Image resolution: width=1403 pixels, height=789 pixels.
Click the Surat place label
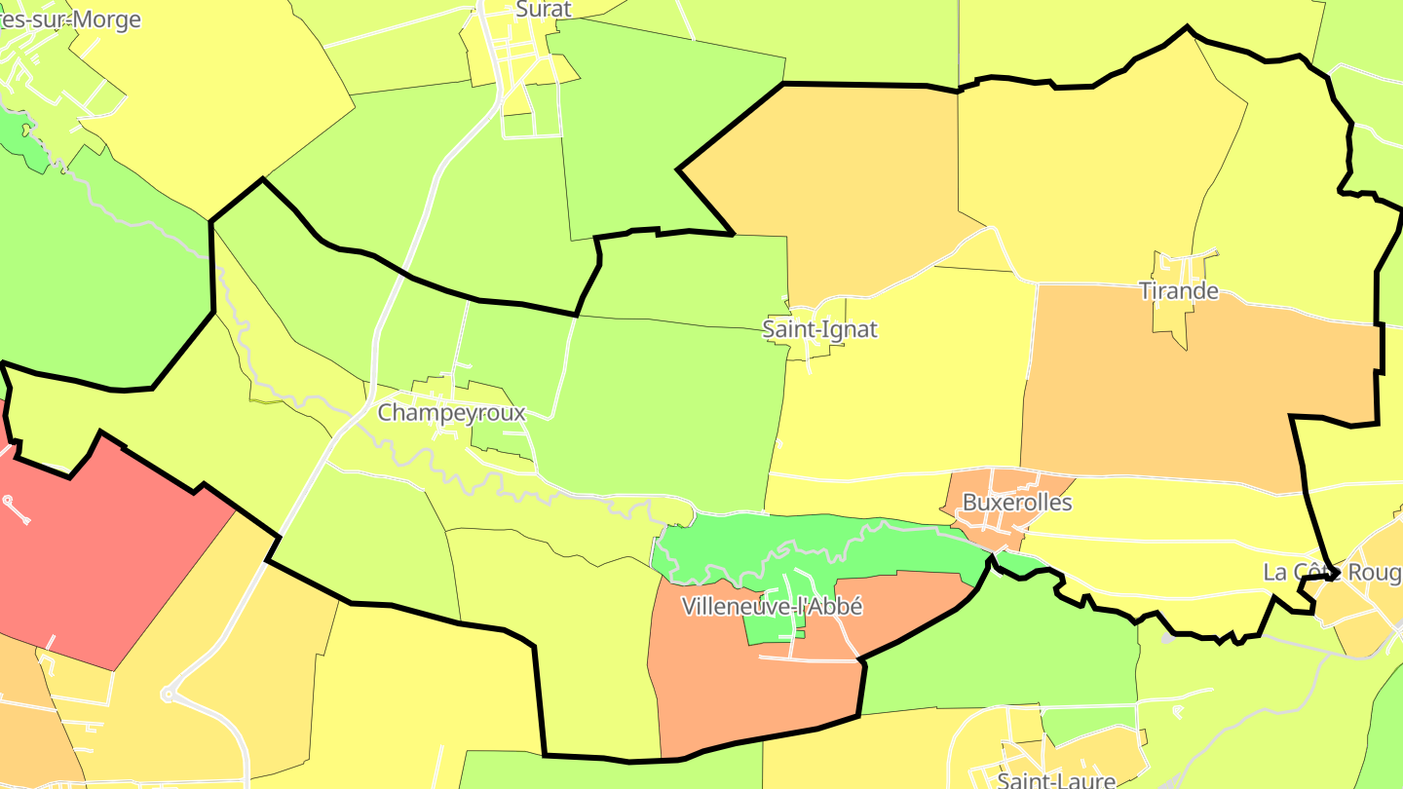[543, 9]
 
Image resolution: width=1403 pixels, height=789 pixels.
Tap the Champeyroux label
[451, 413]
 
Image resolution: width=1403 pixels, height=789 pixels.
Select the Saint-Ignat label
[819, 329]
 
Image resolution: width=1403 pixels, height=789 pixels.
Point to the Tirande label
[1179, 291]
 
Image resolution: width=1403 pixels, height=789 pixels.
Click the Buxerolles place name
[1016, 503]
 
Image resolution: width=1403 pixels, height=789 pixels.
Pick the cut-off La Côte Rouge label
[1331, 573]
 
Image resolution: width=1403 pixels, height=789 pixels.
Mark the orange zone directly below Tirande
[1169, 390]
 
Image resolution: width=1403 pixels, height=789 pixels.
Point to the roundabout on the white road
[168, 695]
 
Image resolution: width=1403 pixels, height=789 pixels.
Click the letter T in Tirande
[1146, 291]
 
